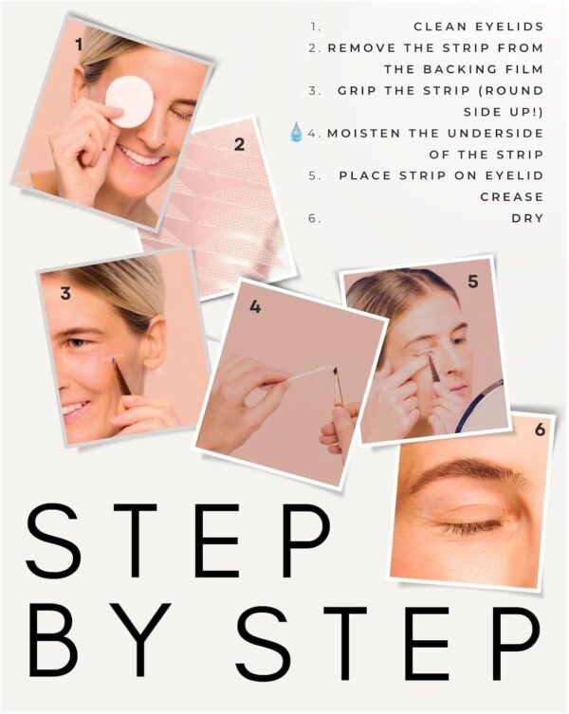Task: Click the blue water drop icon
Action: pyautogui.click(x=296, y=132)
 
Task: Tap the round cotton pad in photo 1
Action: pyautogui.click(x=129, y=101)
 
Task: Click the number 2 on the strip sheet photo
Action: pyautogui.click(x=239, y=144)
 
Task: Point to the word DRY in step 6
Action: pyautogui.click(x=527, y=219)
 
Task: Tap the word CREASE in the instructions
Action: pyautogui.click(x=511, y=197)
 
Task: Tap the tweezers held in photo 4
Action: pyautogui.click(x=338, y=387)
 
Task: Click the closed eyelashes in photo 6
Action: pyautogui.click(x=469, y=530)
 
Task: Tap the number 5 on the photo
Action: pyautogui.click(x=473, y=283)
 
